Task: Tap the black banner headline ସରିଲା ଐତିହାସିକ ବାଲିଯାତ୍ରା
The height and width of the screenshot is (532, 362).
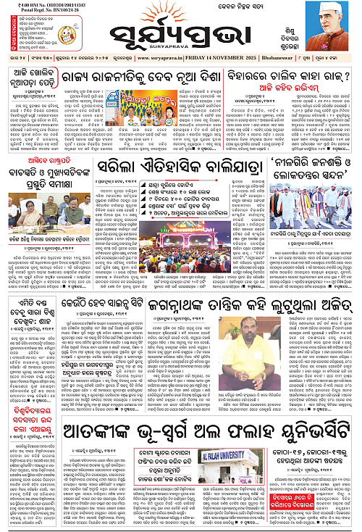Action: (x=177, y=168)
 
